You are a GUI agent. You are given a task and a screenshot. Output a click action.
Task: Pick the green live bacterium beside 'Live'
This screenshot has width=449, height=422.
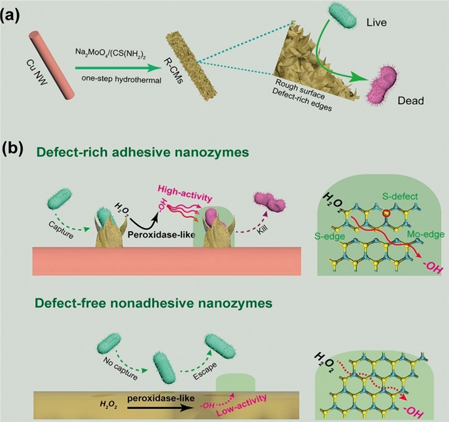pos(343,17)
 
